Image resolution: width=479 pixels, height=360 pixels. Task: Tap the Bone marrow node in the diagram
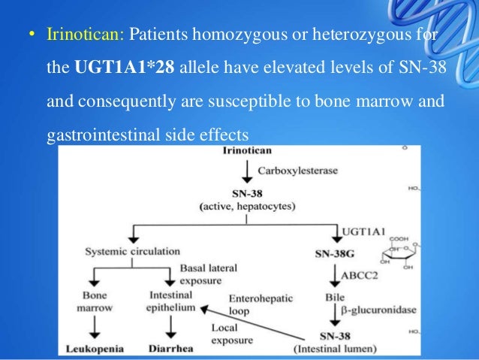95,301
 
